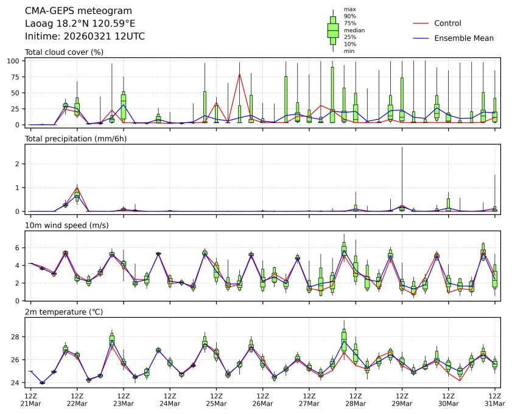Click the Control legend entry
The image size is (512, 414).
447,23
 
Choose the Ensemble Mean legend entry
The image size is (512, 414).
463,38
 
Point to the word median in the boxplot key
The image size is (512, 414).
354,30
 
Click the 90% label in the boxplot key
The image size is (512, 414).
349,16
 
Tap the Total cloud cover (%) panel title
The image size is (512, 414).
64,52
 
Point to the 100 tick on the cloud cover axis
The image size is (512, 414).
15,61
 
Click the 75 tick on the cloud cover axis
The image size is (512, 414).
16,77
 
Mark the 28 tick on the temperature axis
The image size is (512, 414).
16,337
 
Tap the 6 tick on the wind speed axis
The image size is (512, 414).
18,248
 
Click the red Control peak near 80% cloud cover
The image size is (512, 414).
239,74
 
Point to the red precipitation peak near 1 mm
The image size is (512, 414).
77,186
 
